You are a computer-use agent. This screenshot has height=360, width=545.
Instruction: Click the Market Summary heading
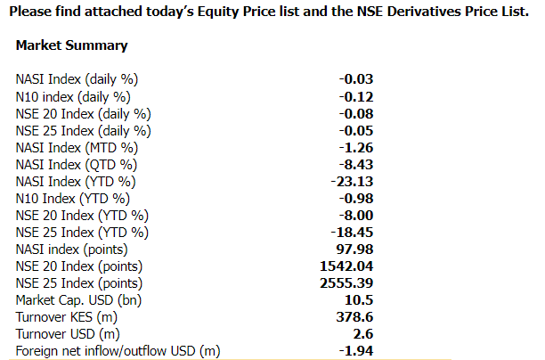[71, 45]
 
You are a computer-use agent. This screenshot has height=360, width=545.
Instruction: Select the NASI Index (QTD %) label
[77, 164]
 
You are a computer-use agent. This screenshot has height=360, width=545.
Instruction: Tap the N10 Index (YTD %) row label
[73, 198]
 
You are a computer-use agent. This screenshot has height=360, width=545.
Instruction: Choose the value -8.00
[356, 215]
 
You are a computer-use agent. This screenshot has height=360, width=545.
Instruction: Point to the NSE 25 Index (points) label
[80, 283]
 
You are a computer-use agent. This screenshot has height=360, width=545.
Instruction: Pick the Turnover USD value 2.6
[363, 334]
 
